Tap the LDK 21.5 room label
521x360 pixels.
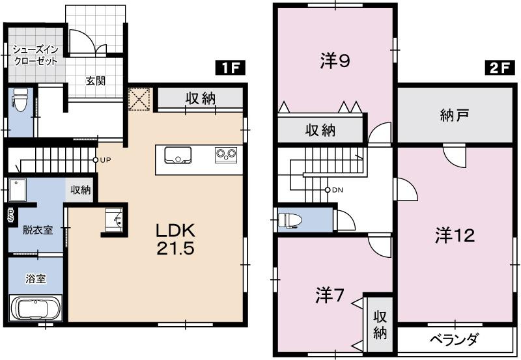click(x=175, y=240)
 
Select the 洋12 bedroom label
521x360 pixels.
click(x=455, y=236)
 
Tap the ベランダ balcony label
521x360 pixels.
click(x=455, y=339)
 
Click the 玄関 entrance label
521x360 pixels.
click(x=96, y=81)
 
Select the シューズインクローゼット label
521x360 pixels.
click(x=36, y=55)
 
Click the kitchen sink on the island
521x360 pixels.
click(x=177, y=156)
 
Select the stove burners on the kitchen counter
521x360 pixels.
click(x=225, y=155)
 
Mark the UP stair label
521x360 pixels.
click(x=104, y=159)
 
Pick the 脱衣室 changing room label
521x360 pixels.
click(x=37, y=230)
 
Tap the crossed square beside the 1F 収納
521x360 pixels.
click(x=139, y=100)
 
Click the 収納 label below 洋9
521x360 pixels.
click(x=320, y=130)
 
